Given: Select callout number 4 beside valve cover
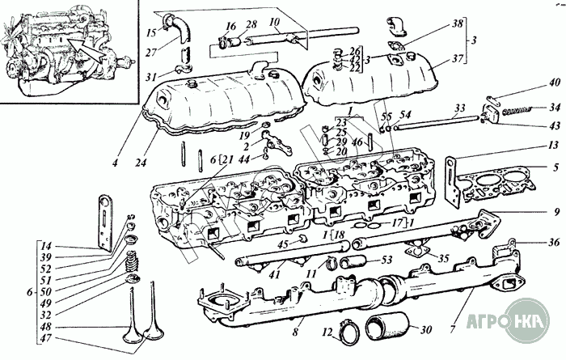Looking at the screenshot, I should [116, 163].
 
